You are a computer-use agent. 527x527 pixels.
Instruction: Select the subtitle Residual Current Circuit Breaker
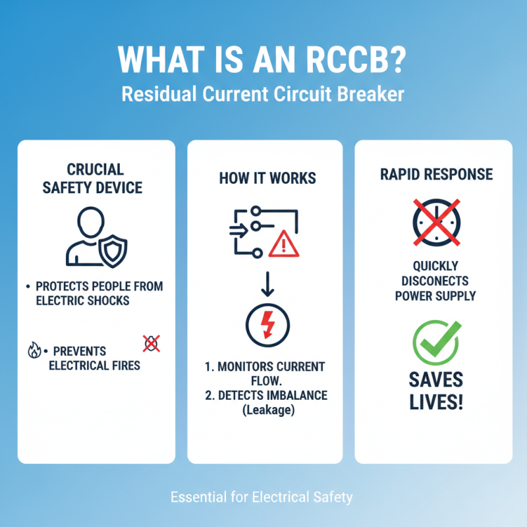pyautogui.click(x=263, y=94)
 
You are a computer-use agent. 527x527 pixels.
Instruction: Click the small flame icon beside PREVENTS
pyautogui.click(x=34, y=350)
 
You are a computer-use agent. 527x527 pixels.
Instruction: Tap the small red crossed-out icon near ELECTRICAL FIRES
pyautogui.click(x=151, y=342)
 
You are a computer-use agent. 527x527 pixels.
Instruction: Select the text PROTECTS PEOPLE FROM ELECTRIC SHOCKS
pyautogui.click(x=96, y=293)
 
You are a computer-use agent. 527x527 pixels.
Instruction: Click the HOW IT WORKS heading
pyautogui.click(x=267, y=179)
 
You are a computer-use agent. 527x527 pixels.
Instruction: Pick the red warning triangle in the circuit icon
pyautogui.click(x=284, y=244)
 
